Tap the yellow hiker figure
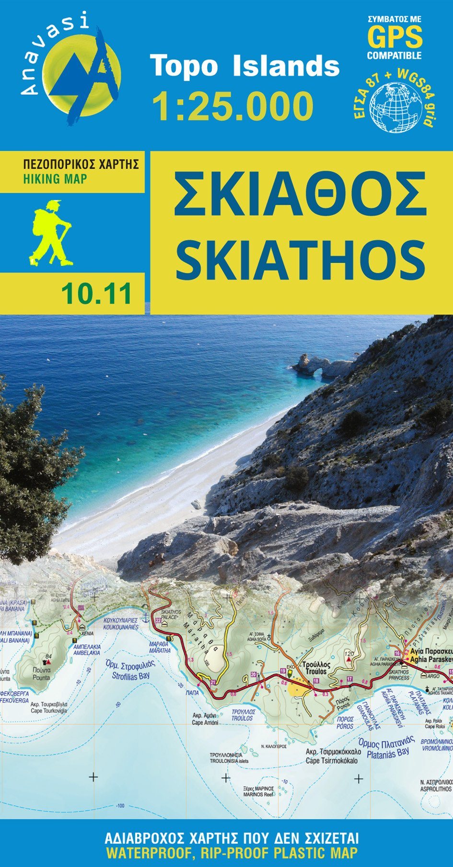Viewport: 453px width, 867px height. [x=50, y=233]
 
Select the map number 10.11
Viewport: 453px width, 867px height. [x=96, y=294]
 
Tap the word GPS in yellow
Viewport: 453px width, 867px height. [x=395, y=36]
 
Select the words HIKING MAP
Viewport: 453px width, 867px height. [x=55, y=179]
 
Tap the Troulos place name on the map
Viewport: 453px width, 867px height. [x=314, y=671]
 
